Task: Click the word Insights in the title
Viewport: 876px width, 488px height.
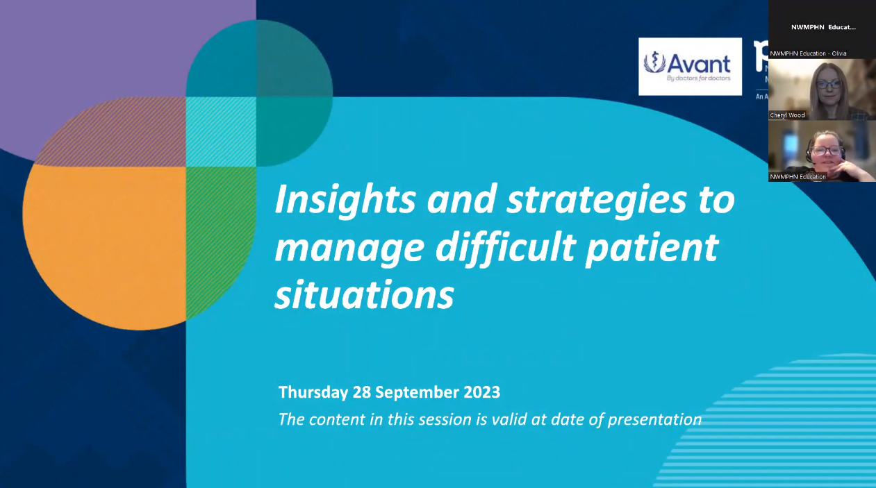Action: [x=345, y=201]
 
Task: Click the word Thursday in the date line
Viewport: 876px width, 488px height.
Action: [x=313, y=392]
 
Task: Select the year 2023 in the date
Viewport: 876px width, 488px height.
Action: [x=481, y=392]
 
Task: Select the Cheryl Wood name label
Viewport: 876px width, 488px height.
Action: [x=787, y=115]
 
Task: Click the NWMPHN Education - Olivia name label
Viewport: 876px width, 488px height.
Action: [x=808, y=53]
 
